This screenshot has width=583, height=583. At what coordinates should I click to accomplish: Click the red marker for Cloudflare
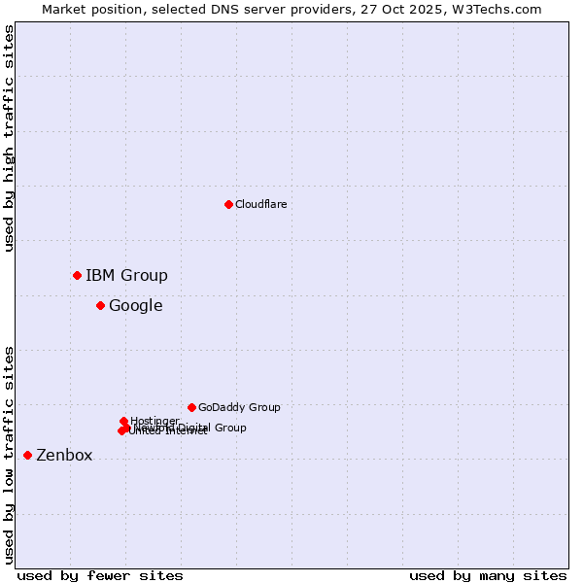coord(228,204)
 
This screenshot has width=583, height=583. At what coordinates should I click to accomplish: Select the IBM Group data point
coord(77,275)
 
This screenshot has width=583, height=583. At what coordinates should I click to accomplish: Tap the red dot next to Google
coord(100,305)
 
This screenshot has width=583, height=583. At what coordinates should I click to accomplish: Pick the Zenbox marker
coord(27,455)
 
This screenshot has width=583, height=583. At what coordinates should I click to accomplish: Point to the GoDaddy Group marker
coord(191,407)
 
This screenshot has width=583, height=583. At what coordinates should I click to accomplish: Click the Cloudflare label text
coord(260,204)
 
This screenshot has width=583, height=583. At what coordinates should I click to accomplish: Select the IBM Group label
coord(126,275)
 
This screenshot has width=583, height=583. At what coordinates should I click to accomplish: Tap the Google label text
coord(135,305)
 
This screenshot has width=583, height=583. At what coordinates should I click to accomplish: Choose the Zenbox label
coord(64,455)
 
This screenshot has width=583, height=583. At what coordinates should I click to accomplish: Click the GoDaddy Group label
coord(239,407)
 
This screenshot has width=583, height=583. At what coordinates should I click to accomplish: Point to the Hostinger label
coord(154,421)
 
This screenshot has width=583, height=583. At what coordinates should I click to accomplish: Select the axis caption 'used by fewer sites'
coord(100,575)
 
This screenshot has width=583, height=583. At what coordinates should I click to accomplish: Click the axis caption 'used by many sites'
coord(488,575)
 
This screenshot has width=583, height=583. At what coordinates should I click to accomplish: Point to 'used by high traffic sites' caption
coord(9,139)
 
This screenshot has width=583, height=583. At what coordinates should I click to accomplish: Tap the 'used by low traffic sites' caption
coord(9,455)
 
